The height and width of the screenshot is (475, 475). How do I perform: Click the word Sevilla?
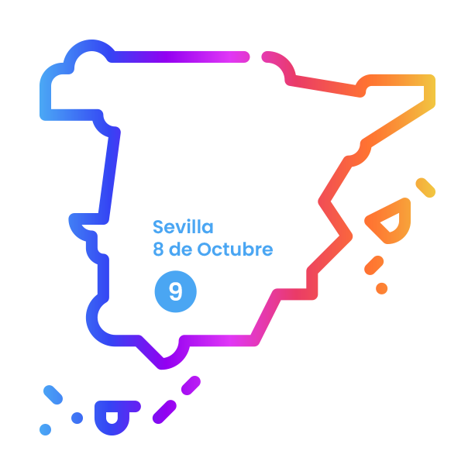click(183, 227)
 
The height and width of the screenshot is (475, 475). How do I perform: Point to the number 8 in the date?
click(158, 250)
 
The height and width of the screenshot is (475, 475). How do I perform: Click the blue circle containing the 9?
click(175, 291)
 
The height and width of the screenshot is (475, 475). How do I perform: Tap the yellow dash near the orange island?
click(425, 188)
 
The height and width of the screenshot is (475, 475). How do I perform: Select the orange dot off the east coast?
click(381, 288)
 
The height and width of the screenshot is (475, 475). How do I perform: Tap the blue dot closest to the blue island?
click(77, 418)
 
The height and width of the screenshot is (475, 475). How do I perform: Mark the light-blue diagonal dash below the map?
click(52, 393)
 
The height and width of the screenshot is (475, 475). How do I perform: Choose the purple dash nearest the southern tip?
click(191, 385)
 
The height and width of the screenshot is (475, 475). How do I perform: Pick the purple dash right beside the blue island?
click(164, 411)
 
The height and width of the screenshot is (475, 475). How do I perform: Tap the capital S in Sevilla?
click(158, 227)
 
